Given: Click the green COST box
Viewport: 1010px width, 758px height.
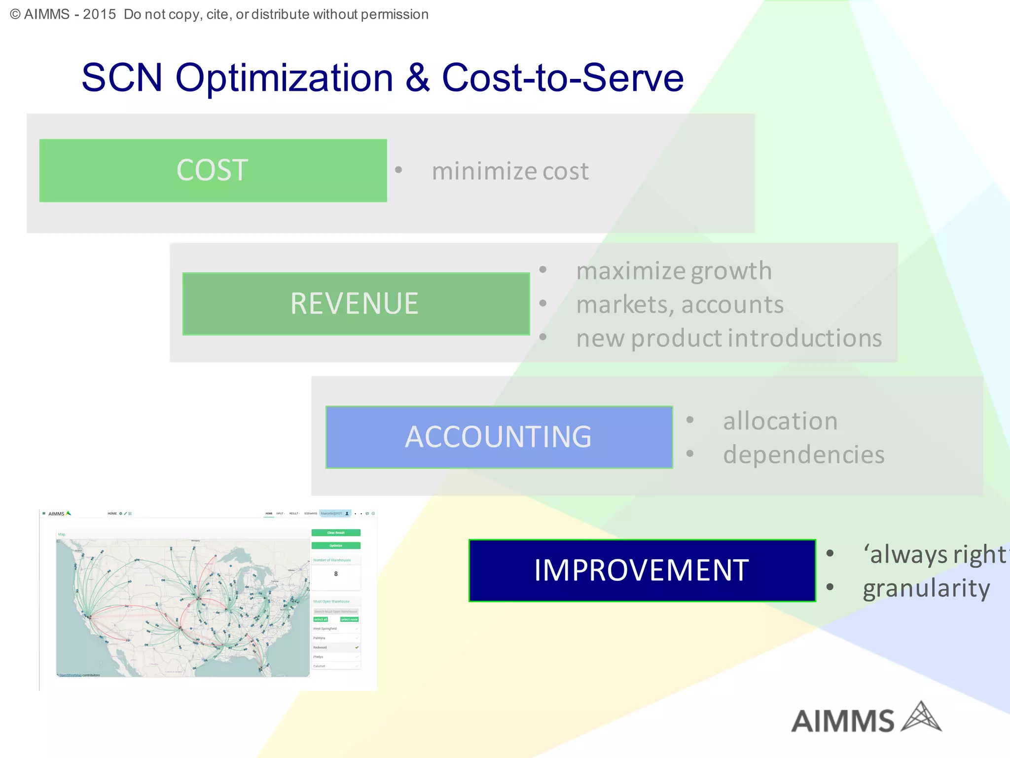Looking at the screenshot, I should pos(213,170).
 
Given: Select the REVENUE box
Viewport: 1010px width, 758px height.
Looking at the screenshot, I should pos(356,303).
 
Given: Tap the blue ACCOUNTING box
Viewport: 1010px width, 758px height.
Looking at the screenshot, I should pos(499,437).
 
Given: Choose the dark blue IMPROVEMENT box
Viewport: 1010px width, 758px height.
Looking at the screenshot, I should pos(642,570).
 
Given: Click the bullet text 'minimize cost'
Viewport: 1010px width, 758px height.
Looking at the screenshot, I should pos(510,171).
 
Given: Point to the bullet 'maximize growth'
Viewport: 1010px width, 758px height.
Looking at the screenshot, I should pos(674,271).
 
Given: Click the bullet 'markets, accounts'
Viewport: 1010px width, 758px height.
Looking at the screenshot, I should pos(680,304).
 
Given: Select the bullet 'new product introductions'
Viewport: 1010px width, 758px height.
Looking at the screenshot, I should pos(729,339).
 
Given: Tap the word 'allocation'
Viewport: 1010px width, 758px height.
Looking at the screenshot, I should pos(780,421).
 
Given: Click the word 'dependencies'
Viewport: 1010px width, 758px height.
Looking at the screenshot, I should pos(803,455).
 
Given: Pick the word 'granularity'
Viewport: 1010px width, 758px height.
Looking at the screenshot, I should pos(926,588).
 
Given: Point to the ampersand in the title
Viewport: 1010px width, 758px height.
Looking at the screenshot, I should pos(418,78).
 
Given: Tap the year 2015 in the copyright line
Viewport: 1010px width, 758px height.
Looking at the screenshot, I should pos(99,14).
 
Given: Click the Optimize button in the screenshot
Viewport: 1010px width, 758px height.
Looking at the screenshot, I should pos(336,545).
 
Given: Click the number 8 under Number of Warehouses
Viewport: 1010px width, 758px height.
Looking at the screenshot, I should pos(336,574).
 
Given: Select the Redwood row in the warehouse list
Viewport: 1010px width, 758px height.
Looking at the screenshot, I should pos(335,647).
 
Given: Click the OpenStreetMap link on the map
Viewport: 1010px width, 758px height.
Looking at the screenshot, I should pos(71,675).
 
